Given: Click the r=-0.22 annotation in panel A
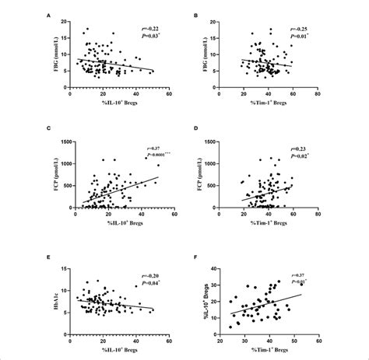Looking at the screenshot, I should point(151,26).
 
